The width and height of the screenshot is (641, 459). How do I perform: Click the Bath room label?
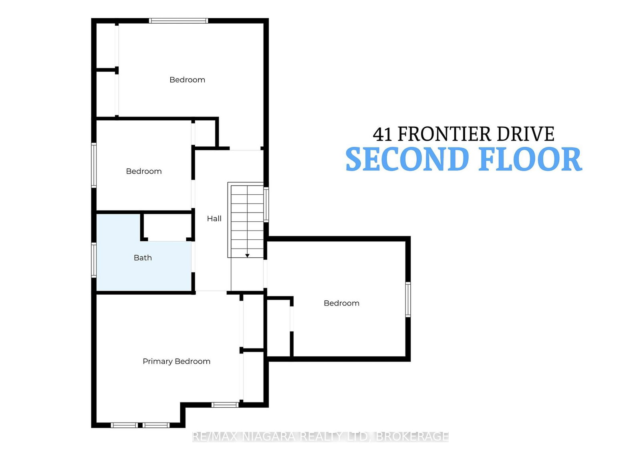tap(143, 258)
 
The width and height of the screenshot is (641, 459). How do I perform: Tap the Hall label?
tap(214, 218)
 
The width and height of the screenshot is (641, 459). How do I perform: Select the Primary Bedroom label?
tap(176, 362)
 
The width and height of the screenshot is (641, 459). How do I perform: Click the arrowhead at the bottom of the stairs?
tap(247, 255)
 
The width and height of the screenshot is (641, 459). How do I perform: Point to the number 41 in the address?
tap(382, 134)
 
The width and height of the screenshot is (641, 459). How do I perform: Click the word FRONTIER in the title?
tap(444, 134)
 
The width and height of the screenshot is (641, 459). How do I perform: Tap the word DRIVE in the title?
tap(526, 134)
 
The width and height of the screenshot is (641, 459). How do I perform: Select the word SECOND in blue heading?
tap(407, 159)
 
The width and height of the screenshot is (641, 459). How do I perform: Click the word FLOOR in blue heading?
tap(531, 159)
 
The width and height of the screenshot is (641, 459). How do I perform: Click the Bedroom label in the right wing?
tap(341, 303)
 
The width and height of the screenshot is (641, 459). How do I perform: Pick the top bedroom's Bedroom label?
tap(187, 80)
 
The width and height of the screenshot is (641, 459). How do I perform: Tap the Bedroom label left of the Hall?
tap(144, 171)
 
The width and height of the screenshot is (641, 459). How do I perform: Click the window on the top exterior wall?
tap(178, 20)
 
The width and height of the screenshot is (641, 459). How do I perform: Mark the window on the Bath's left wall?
tap(94, 260)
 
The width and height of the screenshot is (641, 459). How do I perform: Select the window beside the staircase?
tap(266, 204)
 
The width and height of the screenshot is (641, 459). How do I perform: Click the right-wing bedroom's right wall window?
tap(408, 299)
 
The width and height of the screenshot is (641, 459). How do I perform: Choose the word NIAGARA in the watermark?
tap(268, 437)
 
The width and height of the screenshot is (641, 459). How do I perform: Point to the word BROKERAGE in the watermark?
tap(412, 437)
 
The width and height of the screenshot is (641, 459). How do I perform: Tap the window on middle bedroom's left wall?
tap(94, 165)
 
